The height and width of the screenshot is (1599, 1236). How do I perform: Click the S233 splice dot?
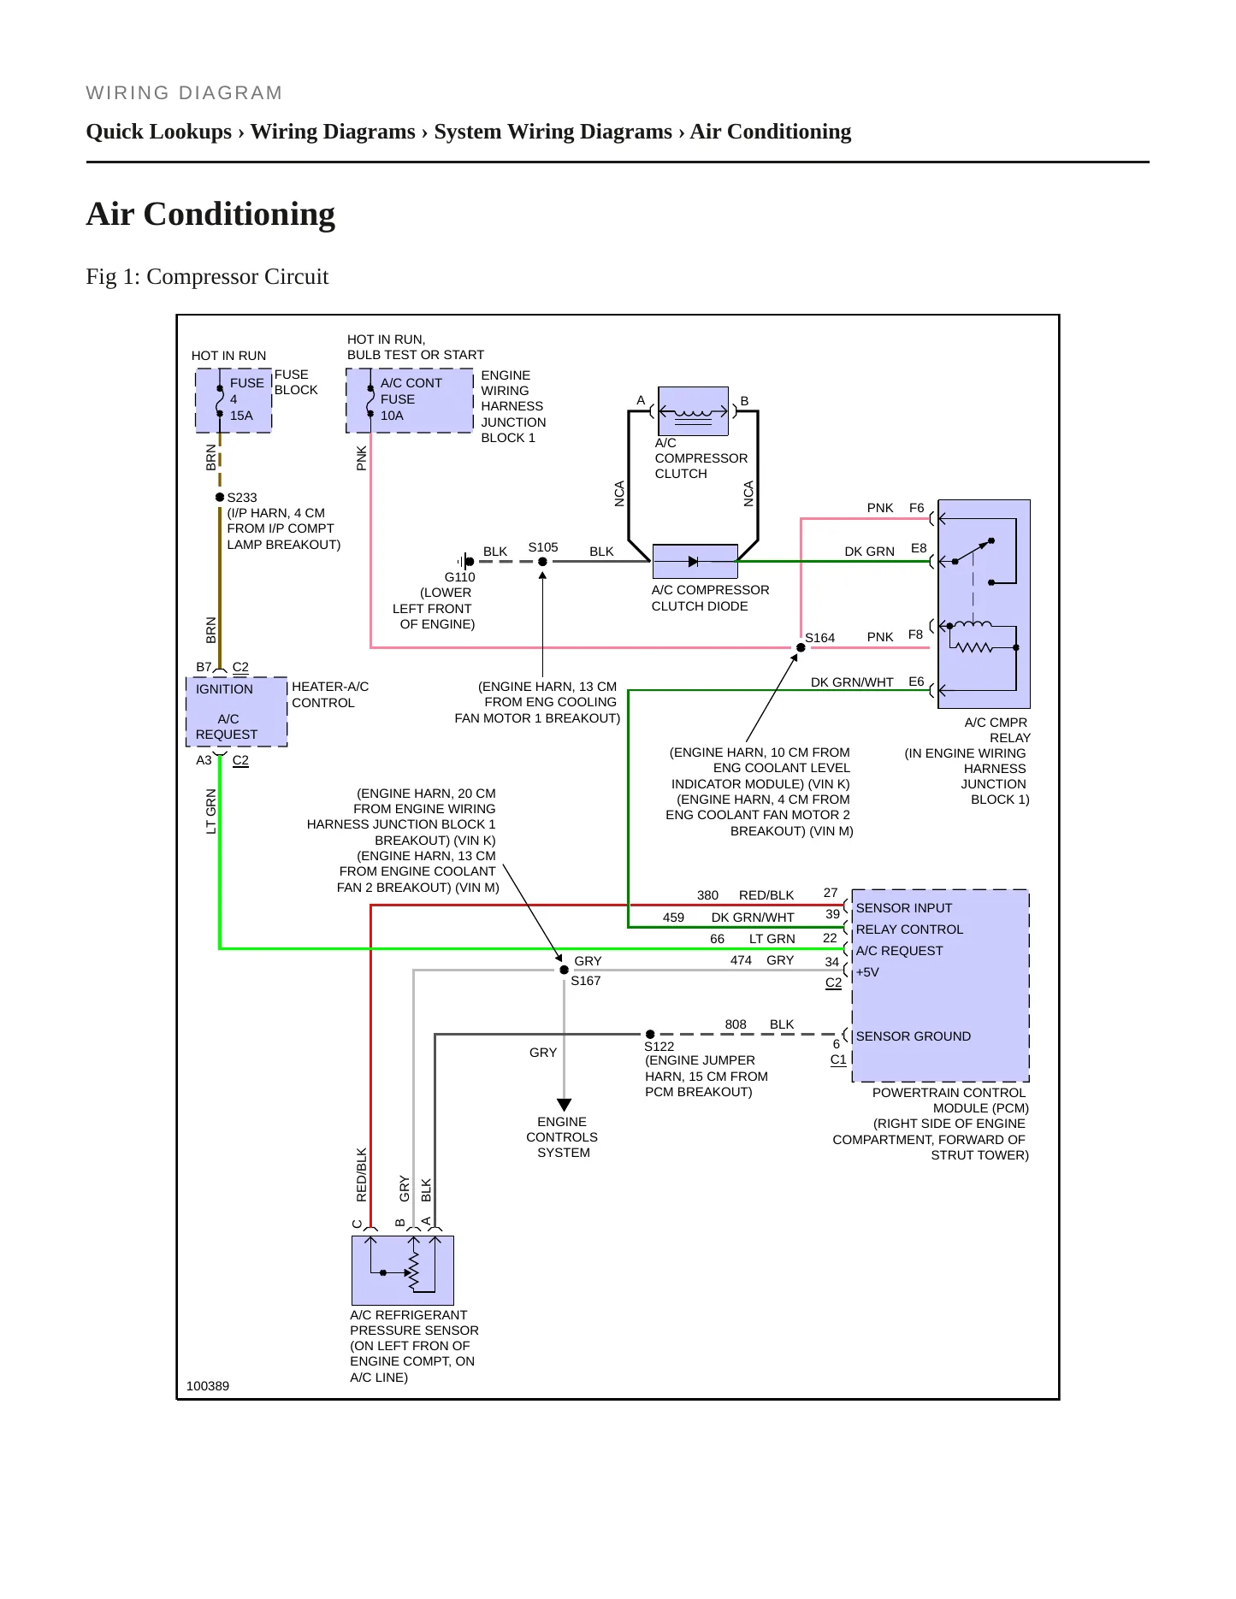point(220,497)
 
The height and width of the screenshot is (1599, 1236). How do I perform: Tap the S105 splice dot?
point(542,562)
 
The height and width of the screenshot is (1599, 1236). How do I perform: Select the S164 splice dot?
point(801,647)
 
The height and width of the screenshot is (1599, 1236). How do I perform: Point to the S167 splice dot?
point(564,970)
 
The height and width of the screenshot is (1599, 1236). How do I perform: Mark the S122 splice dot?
point(650,1035)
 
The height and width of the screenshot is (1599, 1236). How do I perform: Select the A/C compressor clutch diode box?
point(695,562)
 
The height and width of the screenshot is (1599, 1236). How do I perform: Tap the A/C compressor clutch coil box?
point(694,411)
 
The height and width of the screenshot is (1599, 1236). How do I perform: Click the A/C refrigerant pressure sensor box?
point(403,1271)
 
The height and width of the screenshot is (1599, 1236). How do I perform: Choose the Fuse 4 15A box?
point(234,400)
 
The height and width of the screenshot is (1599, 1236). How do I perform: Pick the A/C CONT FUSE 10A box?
point(410,400)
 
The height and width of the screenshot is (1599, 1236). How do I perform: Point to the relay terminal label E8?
point(919,548)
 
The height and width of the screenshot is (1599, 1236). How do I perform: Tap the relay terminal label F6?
point(917,508)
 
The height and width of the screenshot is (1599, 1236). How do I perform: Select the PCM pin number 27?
point(831,893)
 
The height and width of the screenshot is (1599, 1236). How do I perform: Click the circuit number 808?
point(736,1024)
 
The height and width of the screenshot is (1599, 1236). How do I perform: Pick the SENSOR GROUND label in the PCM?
point(914,1036)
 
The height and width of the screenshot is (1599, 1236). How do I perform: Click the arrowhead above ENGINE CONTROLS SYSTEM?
point(564,1105)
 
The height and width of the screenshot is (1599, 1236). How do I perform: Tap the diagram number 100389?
point(208,1386)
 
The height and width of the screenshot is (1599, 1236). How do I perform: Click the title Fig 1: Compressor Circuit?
point(207,277)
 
